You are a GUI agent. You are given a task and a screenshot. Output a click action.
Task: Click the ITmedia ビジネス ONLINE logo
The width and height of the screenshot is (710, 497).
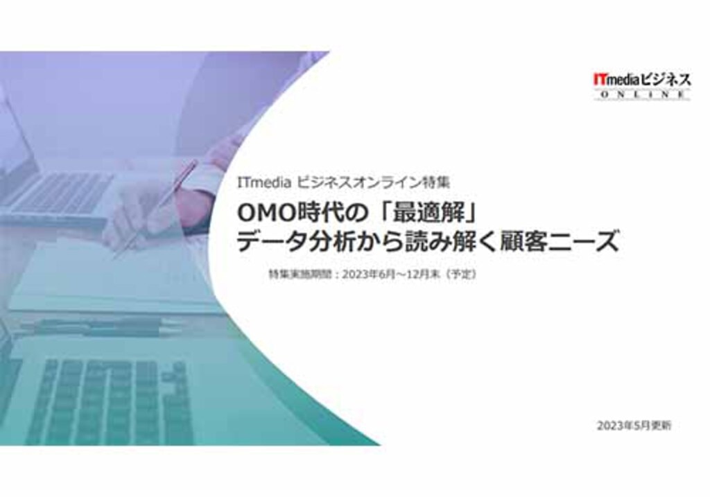642,85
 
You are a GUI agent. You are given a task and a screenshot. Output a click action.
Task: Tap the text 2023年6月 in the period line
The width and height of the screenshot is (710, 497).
369,274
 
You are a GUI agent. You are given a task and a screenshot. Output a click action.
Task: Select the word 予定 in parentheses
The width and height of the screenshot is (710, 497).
461,274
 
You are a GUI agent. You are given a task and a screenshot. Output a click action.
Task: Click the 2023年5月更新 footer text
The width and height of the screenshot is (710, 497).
634,426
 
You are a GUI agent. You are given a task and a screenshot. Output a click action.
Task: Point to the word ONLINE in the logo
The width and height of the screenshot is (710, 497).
642,94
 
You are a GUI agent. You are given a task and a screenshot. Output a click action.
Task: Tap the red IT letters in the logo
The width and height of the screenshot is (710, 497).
600,80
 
